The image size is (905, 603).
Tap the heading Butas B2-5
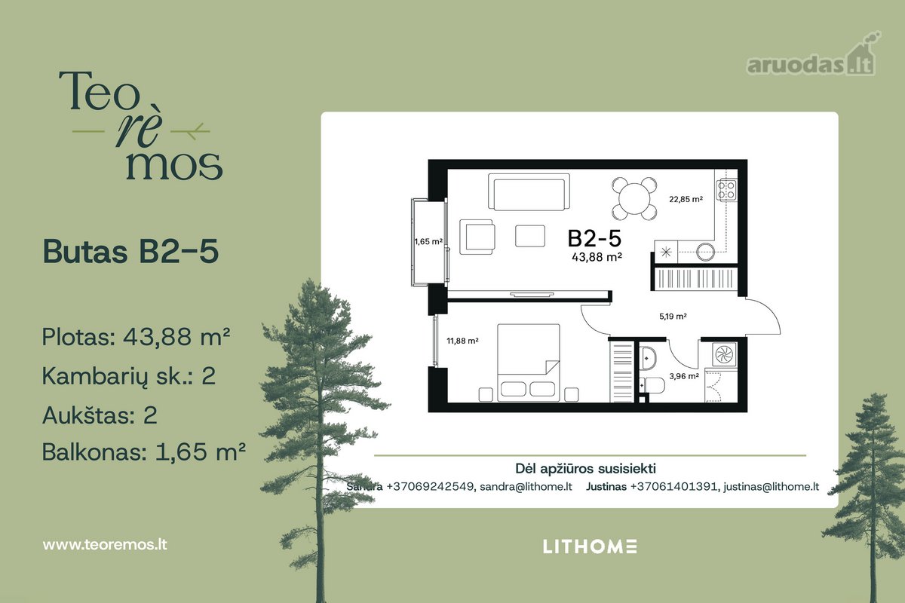(130, 251)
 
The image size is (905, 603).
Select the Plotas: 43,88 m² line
(137, 336)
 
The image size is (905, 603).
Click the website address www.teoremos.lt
(105, 544)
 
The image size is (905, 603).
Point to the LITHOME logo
(590, 546)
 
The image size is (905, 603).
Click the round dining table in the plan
(634, 199)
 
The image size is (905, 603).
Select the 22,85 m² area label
(686, 199)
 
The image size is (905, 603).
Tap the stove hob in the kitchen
(726, 190)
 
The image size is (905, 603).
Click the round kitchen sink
(706, 252)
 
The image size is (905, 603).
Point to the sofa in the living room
(529, 192)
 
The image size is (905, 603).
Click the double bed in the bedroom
(529, 363)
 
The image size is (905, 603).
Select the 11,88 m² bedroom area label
(462, 341)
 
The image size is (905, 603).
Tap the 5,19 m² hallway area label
(673, 317)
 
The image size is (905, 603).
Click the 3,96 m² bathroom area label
(684, 376)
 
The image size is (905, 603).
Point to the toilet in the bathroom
(653, 385)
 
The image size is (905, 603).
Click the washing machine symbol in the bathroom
(725, 354)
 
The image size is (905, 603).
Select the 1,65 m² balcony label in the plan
(428, 241)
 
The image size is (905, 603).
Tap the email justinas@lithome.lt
(772, 487)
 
